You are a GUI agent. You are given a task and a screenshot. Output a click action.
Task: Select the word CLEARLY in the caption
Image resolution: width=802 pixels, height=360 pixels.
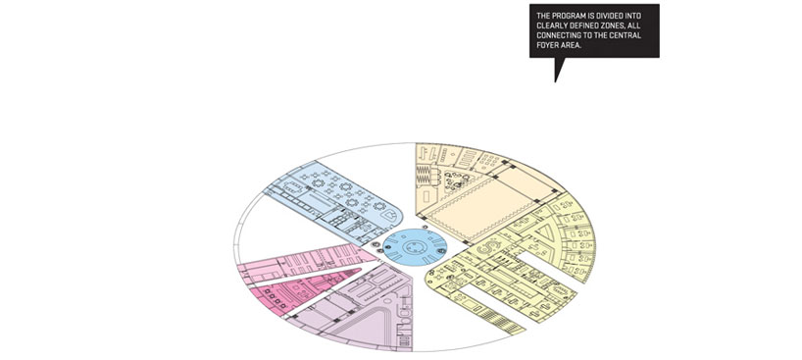pos(553,26)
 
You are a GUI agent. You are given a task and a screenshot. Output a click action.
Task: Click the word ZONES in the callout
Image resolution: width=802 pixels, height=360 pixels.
pos(626,26)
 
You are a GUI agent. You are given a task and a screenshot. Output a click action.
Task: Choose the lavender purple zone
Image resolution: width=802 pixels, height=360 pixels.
pos(363,314)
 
